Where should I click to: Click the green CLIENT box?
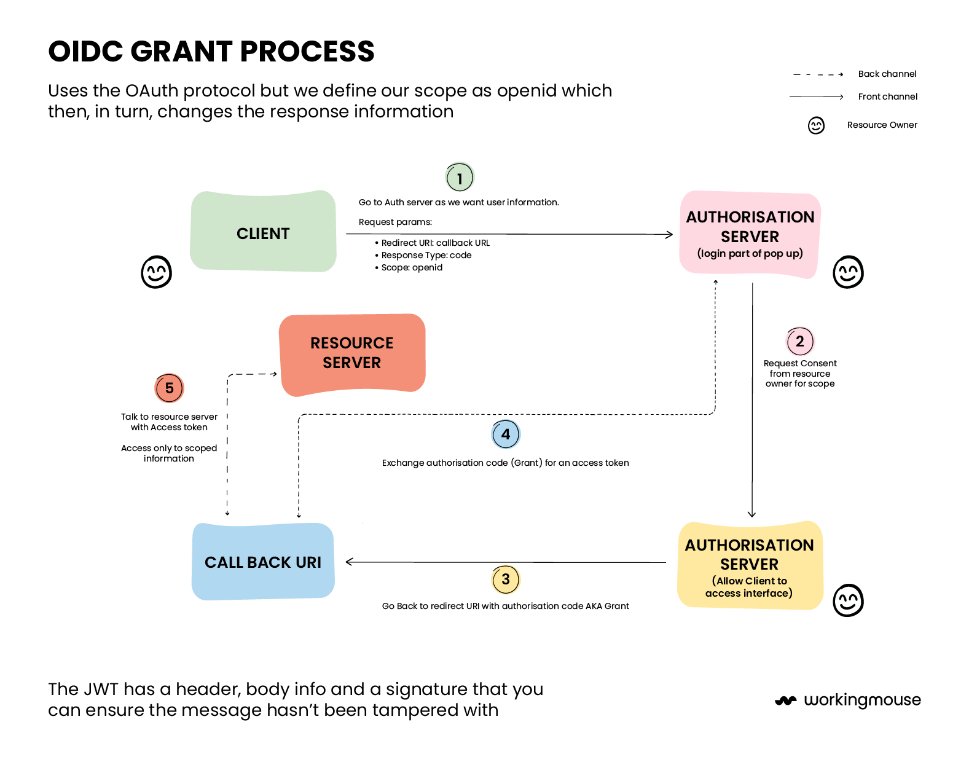[263, 232]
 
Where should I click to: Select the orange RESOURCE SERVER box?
[352, 353]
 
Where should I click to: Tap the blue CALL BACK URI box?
[263, 562]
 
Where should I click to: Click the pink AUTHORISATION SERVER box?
[750, 234]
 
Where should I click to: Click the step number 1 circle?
[460, 178]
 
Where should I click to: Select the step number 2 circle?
[800, 341]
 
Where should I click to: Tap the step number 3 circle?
[506, 579]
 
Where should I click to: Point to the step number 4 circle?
[506, 434]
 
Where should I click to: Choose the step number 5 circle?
[169, 388]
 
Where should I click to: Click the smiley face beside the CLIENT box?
[156, 272]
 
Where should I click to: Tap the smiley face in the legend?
[816, 125]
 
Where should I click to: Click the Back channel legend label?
[887, 74]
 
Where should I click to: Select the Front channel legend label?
[887, 97]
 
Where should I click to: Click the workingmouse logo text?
[861, 700]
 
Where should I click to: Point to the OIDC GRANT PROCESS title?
[211, 52]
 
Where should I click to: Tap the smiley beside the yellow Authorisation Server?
[848, 600]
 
